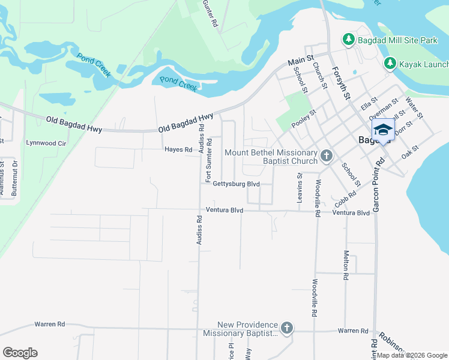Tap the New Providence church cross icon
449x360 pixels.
tap(287, 328)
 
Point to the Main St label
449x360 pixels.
tap(301, 61)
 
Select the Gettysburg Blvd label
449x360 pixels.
tap(236, 184)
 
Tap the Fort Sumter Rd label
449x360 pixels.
tap(209, 161)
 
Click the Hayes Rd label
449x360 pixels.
tap(178, 149)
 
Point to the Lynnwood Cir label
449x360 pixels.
tap(45, 143)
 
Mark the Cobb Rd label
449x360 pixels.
tap(346, 200)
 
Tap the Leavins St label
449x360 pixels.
tap(300, 187)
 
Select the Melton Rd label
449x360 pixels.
tap(346, 266)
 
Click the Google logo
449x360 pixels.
tap(20, 353)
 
